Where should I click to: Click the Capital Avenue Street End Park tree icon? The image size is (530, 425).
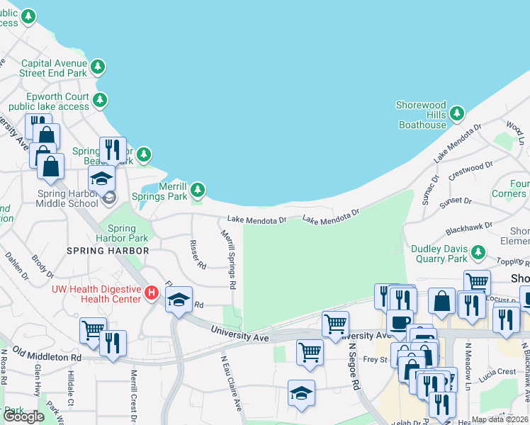coord(98,68)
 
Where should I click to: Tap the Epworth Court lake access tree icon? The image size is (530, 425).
coord(101,99)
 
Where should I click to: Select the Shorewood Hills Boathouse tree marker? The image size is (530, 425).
coord(457,113)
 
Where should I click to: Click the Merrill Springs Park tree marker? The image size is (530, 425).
coord(198,189)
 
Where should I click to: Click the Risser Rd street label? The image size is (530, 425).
coord(197,254)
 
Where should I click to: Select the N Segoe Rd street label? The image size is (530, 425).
coord(352,366)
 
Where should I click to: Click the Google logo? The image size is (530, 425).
coord(23,416)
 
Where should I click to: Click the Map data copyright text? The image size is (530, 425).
coord(500,419)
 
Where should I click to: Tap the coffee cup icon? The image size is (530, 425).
coord(400,321)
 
